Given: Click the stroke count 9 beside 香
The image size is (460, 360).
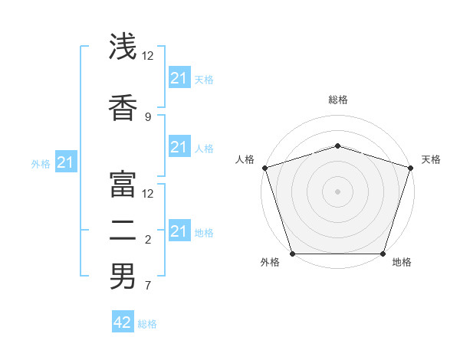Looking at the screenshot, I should pos(148,116).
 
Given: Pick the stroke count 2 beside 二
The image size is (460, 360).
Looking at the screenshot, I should pos(148,240).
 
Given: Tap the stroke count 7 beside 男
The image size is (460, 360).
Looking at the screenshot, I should pos(148,286).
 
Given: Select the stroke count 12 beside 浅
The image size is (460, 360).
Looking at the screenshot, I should pos(148,56).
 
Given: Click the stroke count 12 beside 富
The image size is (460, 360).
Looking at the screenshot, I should pos(148,194).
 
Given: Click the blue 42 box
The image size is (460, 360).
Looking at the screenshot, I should pos(123,322).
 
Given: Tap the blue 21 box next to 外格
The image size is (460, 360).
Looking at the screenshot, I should pos(66,162).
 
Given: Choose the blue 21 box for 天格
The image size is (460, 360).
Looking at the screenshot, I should pos(179,78).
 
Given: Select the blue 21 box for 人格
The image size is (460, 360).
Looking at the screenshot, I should pos(179,147).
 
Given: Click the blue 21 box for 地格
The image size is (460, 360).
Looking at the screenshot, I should pos(179,231).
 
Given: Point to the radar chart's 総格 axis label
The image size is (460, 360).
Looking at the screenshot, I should pos(337,100).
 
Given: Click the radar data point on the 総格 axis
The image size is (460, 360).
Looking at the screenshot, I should pos(337,146).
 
